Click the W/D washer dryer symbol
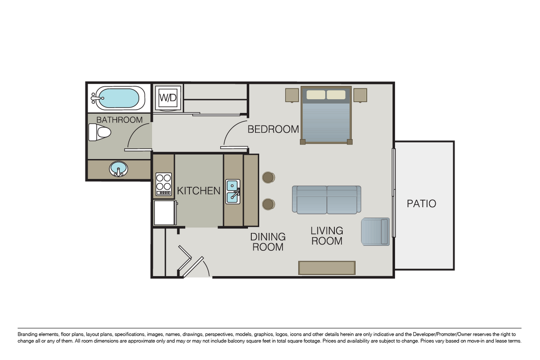click(x=168, y=98)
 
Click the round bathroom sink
click(x=118, y=168)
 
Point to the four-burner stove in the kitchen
click(x=164, y=184)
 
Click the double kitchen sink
click(x=233, y=192)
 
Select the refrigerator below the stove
click(x=165, y=213)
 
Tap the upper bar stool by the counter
click(x=268, y=177)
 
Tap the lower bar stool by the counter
click(x=268, y=204)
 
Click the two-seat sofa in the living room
click(x=326, y=199)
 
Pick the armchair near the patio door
click(x=375, y=232)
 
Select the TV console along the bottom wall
click(x=327, y=268)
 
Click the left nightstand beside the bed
click(x=292, y=95)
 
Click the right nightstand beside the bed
click(x=360, y=95)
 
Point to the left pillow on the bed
click(x=316, y=94)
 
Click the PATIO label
click(x=421, y=204)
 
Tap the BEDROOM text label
click(x=273, y=129)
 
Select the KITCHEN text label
click(x=199, y=191)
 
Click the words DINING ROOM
click(x=268, y=242)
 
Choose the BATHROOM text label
click(x=119, y=120)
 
